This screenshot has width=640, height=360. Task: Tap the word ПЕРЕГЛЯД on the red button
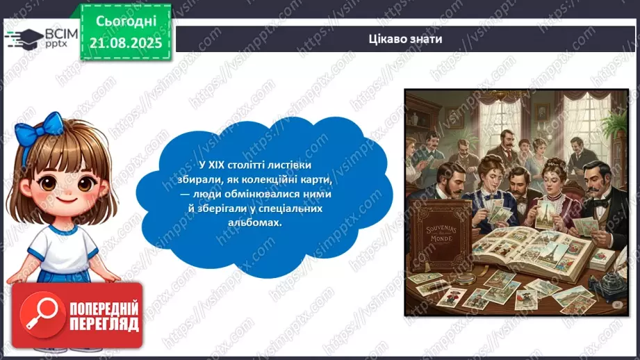tap(101, 324)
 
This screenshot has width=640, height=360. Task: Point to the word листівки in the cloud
tap(288, 165)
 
